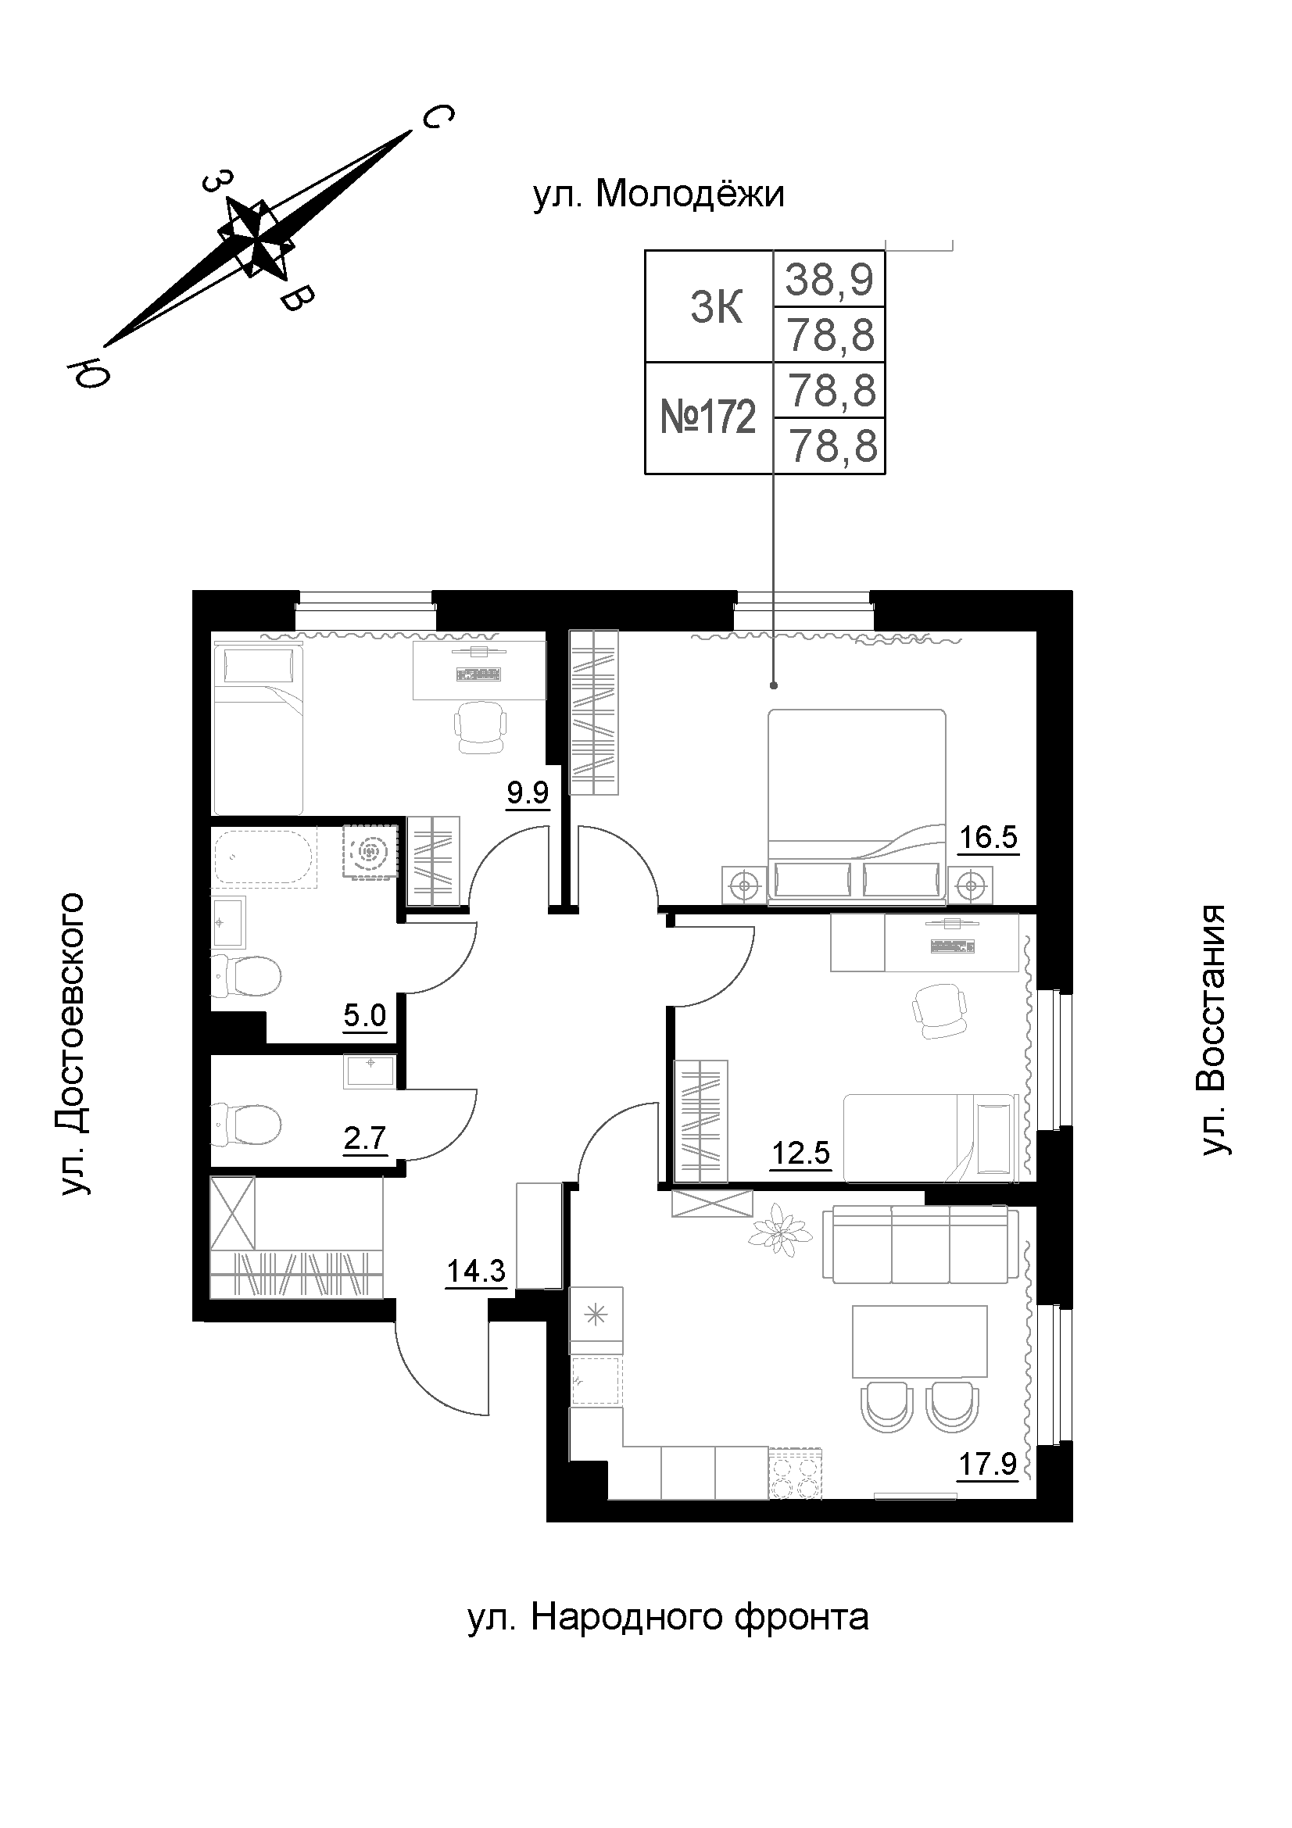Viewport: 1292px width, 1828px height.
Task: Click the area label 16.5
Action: [989, 839]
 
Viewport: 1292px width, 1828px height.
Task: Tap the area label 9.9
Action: [528, 793]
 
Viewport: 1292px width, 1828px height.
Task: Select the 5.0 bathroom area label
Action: [365, 1016]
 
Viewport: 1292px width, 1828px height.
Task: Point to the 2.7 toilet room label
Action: [365, 1139]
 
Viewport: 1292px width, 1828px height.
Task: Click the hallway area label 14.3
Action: [476, 1271]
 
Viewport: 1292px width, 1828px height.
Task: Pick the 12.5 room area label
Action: [802, 1152]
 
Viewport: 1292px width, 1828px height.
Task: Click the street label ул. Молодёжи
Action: [659, 195]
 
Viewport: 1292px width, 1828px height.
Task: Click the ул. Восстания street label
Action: [1215, 1028]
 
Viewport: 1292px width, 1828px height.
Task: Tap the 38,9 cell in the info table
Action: [830, 280]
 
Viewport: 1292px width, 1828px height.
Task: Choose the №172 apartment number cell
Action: [708, 417]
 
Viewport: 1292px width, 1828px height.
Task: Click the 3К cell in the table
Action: [717, 307]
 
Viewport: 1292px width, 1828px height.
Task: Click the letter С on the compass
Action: [436, 119]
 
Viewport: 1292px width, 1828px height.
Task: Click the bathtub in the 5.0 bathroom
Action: [264, 857]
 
